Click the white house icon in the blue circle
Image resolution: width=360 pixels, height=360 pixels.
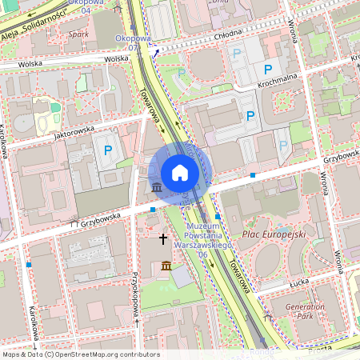coord(180,173)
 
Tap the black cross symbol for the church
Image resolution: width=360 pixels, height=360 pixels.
coord(164,238)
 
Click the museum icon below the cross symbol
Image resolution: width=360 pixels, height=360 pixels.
coord(166,265)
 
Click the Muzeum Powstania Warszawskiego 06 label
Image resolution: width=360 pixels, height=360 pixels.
coord(202,240)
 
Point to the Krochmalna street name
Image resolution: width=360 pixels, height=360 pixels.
coord(277,82)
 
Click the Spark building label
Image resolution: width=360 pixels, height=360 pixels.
coord(78,34)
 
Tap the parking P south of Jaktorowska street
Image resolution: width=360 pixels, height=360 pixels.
coord(106,150)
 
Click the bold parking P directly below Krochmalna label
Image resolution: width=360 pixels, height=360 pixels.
coord(250,116)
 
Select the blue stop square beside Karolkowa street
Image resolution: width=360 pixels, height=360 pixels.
coord(29,263)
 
